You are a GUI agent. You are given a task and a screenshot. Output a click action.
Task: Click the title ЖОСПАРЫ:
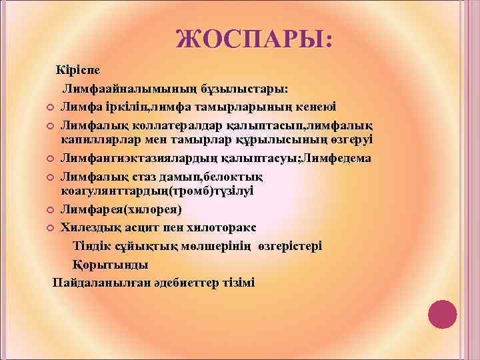click(x=253, y=38)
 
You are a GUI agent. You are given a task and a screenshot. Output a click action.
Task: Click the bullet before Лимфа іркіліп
click(x=51, y=107)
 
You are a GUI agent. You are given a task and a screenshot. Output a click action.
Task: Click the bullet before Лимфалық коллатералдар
click(x=51, y=125)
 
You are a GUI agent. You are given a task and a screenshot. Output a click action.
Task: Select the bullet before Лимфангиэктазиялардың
click(x=51, y=159)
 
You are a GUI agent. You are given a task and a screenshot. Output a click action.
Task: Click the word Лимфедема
click(x=337, y=158)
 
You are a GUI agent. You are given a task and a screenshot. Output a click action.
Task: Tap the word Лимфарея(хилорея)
click(x=120, y=210)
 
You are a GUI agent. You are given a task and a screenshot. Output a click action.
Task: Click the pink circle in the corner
click(x=441, y=315)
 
